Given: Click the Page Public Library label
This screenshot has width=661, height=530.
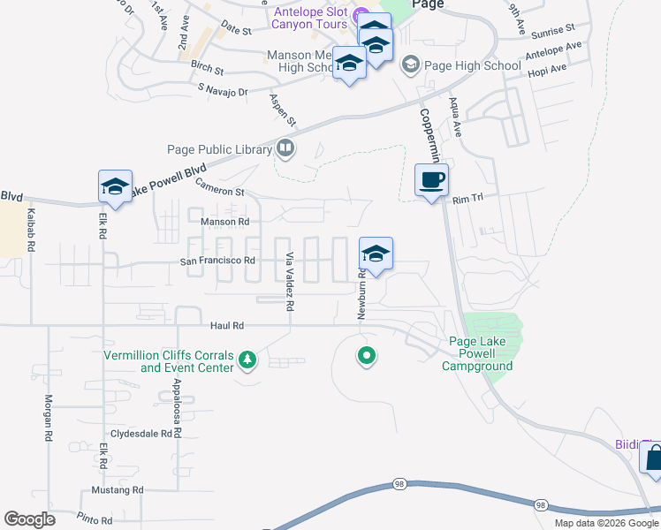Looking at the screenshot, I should click(x=219, y=149).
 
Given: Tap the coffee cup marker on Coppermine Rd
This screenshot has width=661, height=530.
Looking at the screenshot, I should click(x=431, y=181).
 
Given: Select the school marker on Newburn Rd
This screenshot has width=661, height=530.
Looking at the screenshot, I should click(x=376, y=255).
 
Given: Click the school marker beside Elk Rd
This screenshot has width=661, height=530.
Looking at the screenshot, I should click(x=115, y=187).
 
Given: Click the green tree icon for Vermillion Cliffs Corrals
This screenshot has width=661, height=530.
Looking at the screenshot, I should click(x=247, y=360).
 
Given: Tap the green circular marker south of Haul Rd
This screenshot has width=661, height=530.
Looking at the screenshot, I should click(x=366, y=357).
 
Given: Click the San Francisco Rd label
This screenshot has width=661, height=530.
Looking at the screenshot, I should click(x=217, y=261).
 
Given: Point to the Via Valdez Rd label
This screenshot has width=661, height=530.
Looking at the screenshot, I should click(x=289, y=281).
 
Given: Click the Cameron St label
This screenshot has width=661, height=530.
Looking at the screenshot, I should click(x=220, y=190).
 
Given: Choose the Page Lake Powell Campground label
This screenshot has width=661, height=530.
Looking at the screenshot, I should click(x=477, y=353).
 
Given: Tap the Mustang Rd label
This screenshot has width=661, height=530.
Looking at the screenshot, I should click(x=117, y=489).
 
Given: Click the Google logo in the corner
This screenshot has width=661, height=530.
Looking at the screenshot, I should click(x=30, y=519).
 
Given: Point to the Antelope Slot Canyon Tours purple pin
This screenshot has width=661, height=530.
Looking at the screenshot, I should click(x=361, y=16).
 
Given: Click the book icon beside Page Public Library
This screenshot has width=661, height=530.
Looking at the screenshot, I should click(x=285, y=148).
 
